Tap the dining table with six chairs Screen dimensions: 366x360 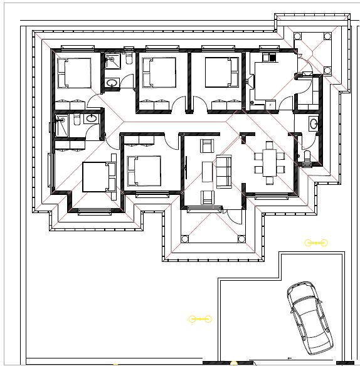[269, 163]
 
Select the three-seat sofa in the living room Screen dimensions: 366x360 [224, 171]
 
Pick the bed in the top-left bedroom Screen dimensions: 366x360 [74, 73]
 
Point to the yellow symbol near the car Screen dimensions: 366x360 [315, 242]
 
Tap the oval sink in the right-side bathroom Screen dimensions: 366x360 [314, 123]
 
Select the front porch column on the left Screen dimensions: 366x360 [185, 238]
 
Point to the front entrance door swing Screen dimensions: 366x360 [233, 216]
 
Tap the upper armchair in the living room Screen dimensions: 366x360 [206, 147]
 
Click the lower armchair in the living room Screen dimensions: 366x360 [206, 197]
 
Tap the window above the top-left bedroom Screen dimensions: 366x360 [75, 47]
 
